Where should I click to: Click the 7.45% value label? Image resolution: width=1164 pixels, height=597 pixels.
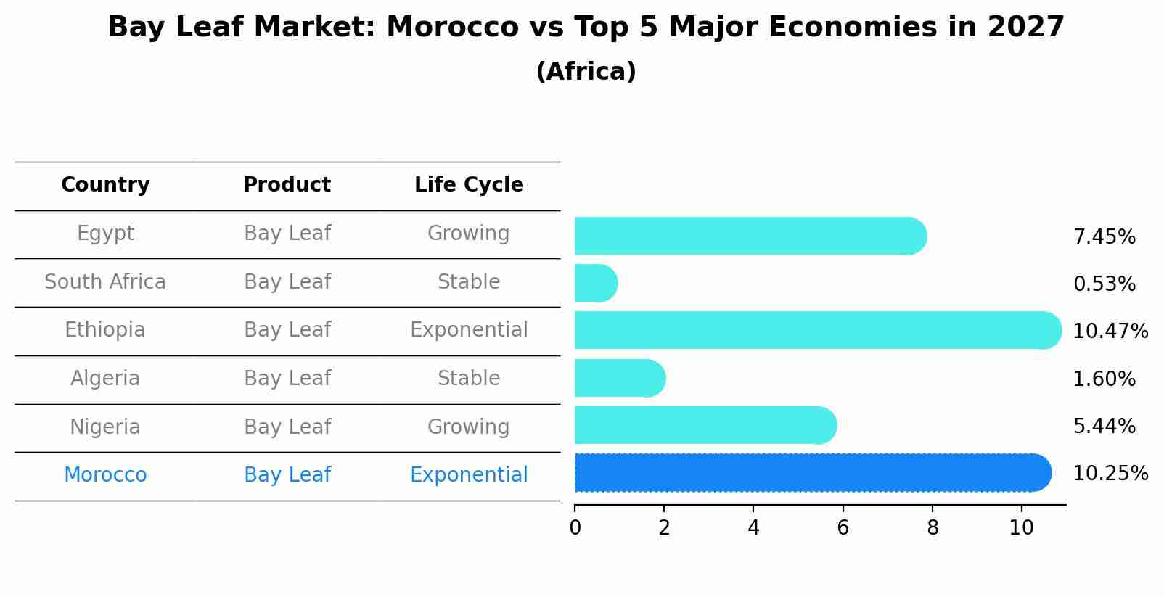(x=1104, y=237)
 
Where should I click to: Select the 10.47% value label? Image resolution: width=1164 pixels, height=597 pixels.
(x=1110, y=332)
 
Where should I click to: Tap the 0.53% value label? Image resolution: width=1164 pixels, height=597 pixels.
(x=1104, y=284)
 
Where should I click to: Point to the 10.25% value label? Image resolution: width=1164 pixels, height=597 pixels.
(x=1110, y=474)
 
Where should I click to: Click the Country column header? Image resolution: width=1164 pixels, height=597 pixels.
(x=105, y=185)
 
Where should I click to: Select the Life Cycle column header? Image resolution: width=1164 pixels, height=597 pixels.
(x=469, y=185)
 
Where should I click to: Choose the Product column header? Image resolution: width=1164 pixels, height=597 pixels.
(x=287, y=185)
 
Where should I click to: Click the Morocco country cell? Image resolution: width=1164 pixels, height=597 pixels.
(x=105, y=475)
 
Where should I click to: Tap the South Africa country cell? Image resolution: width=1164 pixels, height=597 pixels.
(x=105, y=282)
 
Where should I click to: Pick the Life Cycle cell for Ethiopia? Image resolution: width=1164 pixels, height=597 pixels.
(x=469, y=330)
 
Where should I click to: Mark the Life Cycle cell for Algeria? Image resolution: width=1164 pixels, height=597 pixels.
(x=469, y=379)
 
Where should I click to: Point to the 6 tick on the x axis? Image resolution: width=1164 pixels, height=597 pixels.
(x=843, y=528)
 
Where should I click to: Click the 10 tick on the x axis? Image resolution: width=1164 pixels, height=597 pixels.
(x=1021, y=528)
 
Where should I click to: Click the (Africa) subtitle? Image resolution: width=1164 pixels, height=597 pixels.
(x=586, y=72)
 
